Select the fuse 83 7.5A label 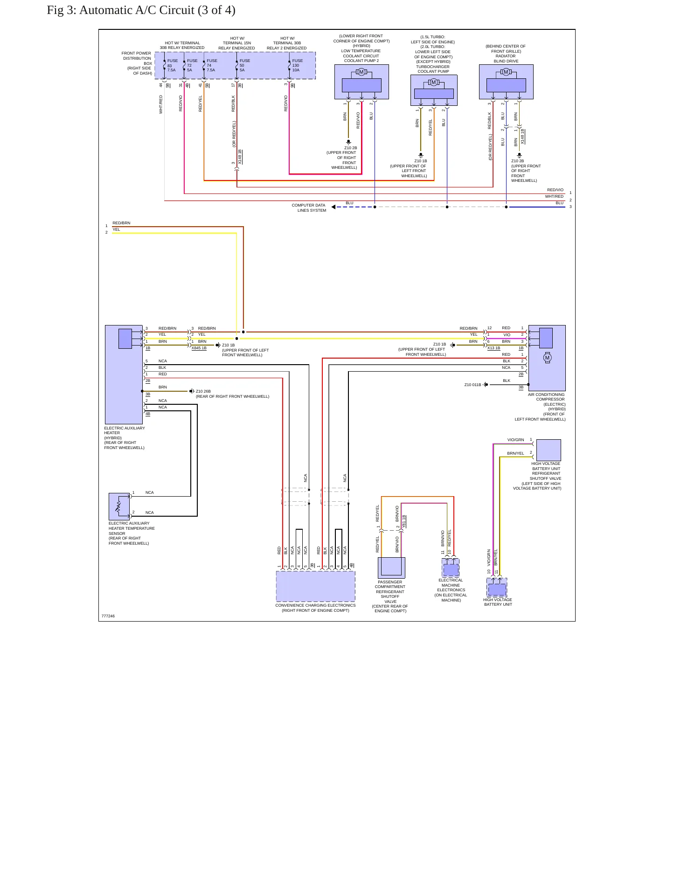[x=172, y=65]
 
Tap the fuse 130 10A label [x=297, y=65]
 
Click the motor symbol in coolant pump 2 [x=361, y=72]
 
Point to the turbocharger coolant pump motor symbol [x=433, y=83]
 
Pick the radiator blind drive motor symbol [x=506, y=72]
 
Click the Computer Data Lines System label [x=309, y=208]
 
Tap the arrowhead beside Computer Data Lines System [x=333, y=207]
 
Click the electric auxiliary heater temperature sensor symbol [x=119, y=506]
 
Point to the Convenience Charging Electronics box [x=315, y=586]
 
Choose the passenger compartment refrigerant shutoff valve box [x=391, y=567]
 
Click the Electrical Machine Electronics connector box [x=451, y=568]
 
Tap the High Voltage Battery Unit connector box [x=497, y=588]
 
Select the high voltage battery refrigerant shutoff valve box [x=549, y=450]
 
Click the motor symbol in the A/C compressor [x=547, y=358]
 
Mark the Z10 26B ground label [x=203, y=392]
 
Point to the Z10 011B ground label [x=472, y=385]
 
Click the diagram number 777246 [x=108, y=616]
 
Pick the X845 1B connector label [x=199, y=348]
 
